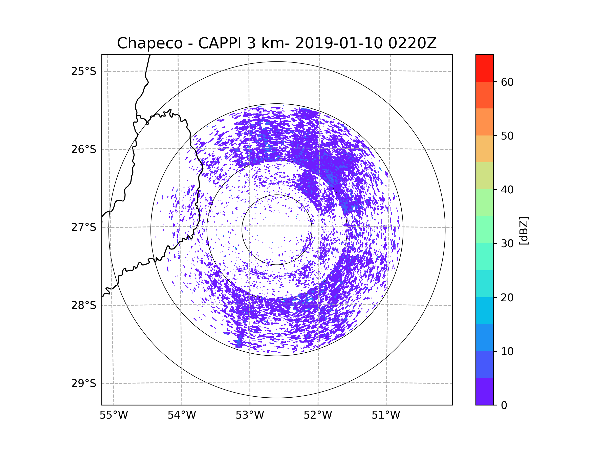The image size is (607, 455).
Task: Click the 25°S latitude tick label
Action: [x=84, y=71]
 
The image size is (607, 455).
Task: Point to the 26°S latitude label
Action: [x=84, y=149]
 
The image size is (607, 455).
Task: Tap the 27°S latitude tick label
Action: [x=84, y=227]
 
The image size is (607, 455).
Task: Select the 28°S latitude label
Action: [x=84, y=305]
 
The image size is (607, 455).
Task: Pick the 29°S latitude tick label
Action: [x=84, y=383]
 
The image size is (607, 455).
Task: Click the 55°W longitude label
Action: [x=114, y=415]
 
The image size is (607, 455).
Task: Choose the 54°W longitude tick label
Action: [x=182, y=415]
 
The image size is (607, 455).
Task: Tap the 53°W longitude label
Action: [x=250, y=415]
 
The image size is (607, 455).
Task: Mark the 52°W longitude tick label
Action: [x=318, y=415]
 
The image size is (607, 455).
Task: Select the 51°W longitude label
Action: [x=386, y=415]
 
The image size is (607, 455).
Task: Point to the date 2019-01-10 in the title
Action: [x=339, y=43]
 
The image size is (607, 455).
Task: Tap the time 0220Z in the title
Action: [x=413, y=43]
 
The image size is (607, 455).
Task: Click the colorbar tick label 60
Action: [x=507, y=82]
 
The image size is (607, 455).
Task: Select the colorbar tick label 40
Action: [x=507, y=190]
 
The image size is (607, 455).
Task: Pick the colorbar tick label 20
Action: [x=507, y=298]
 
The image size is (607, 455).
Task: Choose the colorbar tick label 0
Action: [x=504, y=405]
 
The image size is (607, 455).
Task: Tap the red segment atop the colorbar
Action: [x=484, y=68]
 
